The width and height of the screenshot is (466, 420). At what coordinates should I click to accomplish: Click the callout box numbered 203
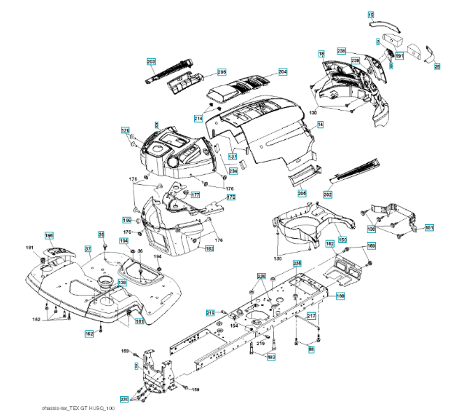coord(151,62)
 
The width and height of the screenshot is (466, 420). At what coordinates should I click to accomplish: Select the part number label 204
coord(282,71)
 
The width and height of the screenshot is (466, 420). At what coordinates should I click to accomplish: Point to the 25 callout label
coord(437,67)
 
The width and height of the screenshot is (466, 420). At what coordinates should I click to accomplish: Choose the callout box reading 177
coord(195,195)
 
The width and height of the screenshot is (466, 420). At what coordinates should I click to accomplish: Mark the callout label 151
coord(429,227)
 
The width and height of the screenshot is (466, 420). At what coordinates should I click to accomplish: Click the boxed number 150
coord(342,239)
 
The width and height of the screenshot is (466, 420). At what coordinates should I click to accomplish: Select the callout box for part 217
coord(312,316)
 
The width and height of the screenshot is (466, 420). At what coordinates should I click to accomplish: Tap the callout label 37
coord(88,248)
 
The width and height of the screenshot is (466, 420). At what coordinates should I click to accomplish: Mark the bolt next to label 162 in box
coord(100,326)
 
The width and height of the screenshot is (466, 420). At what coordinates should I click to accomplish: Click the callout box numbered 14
coord(321,125)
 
